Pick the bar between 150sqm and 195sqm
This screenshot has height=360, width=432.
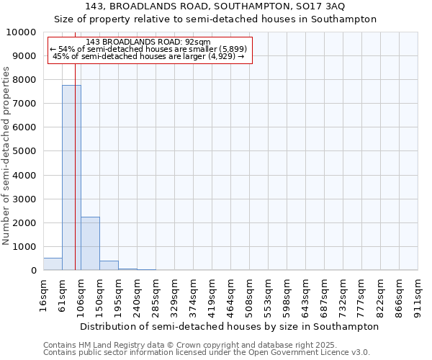tap(109, 266)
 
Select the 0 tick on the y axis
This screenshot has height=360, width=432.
tap(33, 271)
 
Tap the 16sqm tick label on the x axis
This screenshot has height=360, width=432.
tap(43, 293)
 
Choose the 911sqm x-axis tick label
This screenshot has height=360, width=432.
tap(418, 293)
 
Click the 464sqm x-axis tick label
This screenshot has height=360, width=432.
tap(231, 293)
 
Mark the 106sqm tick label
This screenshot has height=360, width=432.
tap(81, 293)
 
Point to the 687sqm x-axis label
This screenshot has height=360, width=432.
tap(325, 293)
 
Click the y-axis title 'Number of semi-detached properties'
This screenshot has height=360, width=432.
tap(7, 156)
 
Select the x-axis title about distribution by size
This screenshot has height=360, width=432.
tap(229, 326)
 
